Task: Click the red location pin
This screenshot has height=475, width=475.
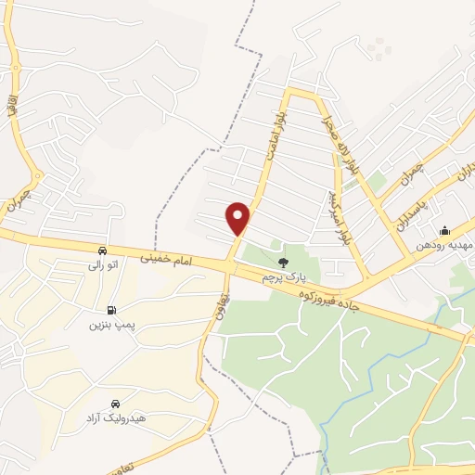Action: pos(238,218)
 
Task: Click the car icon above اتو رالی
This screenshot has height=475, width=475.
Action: pos(101,250)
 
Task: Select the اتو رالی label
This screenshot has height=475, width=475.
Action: pos(101,265)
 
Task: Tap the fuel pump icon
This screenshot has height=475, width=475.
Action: pos(112,310)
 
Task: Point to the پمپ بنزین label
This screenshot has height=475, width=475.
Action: pos(112,325)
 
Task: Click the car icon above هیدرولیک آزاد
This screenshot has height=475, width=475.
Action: pos(114,404)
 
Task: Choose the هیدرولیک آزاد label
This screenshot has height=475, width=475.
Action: pos(114,419)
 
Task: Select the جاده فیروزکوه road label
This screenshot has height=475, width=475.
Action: pos(335,299)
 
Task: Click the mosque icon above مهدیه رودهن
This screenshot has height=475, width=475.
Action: pos(444,230)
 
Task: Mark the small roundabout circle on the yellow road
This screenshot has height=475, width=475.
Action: pos(38,176)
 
